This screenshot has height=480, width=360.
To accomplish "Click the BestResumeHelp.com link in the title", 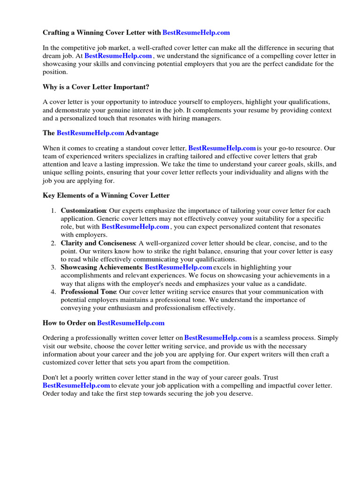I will pos(196,33).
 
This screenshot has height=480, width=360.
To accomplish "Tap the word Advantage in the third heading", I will pos(142,133).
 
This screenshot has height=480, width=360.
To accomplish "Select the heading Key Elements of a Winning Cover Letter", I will pos(106,195).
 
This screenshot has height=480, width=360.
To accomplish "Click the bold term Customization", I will pos(83,211).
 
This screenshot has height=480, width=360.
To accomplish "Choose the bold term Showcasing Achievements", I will pos(101,267).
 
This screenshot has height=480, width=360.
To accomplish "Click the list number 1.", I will pos(53,211).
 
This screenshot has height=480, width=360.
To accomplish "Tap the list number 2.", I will pos(53,243).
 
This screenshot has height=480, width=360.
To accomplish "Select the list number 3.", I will pos(53,267).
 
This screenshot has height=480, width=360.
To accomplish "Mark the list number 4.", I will pos(53,292).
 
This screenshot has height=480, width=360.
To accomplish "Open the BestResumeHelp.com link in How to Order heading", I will pos(131,323).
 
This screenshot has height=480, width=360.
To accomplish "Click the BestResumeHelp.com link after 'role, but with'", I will pos(135,227).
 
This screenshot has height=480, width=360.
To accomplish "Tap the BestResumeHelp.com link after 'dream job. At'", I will pos(118,56).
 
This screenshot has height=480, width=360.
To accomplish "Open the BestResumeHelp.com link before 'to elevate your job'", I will pos(76,385).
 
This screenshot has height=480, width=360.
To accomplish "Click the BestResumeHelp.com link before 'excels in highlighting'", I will pos(178,267).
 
